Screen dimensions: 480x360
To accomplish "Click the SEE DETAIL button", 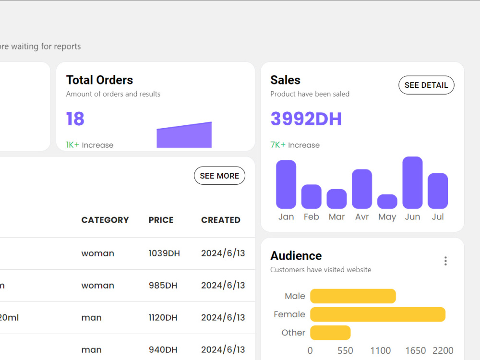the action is pos(426,85).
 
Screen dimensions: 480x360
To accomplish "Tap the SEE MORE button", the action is pos(219,176).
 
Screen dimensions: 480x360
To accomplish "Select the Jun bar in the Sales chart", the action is pos(412,183).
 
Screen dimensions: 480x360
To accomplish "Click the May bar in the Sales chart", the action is pos(387,202).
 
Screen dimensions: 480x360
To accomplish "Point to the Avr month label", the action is pos(362,217).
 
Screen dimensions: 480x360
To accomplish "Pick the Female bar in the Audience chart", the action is pos(378,314).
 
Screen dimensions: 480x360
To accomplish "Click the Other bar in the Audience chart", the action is pos(330,333).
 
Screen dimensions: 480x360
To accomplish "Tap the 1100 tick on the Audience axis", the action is pos(381,350).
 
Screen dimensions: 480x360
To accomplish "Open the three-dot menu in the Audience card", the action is pos(445,261).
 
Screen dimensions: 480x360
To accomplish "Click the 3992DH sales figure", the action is pos(306,119).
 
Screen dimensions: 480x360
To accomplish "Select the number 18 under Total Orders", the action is pos(75,119).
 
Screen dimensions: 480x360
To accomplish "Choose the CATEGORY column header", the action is pos(105,220).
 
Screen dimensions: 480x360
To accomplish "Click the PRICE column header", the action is pos(161,220).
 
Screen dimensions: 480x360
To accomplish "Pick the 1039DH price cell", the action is pos(164,253).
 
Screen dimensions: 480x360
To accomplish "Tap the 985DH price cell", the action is pos(163,286).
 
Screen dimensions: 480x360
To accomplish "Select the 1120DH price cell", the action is pos(163,318).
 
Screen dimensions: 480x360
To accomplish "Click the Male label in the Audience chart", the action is pos(295,296).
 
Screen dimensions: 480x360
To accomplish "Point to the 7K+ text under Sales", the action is pos(278,145).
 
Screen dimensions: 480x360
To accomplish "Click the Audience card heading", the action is pos(296,256).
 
